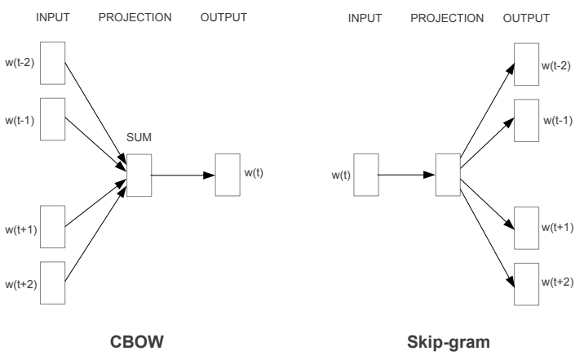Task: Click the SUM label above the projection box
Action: [139, 137]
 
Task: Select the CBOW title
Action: [137, 342]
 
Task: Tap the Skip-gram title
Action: [449, 342]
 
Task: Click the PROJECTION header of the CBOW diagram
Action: [135, 17]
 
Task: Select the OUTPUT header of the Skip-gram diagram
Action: [526, 18]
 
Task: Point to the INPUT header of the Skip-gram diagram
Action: [365, 18]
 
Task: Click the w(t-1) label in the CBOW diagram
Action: [20, 120]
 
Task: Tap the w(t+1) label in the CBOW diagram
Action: [21, 229]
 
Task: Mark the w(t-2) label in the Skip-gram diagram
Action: [555, 65]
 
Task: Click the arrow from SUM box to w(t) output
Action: [183, 176]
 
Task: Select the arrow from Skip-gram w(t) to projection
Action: [406, 175]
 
